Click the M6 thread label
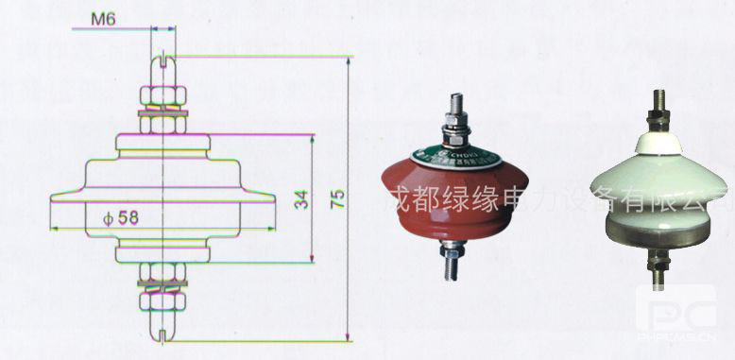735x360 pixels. coord(104,18)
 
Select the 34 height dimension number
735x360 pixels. coord(300,198)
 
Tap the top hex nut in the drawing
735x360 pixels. coord(162,96)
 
